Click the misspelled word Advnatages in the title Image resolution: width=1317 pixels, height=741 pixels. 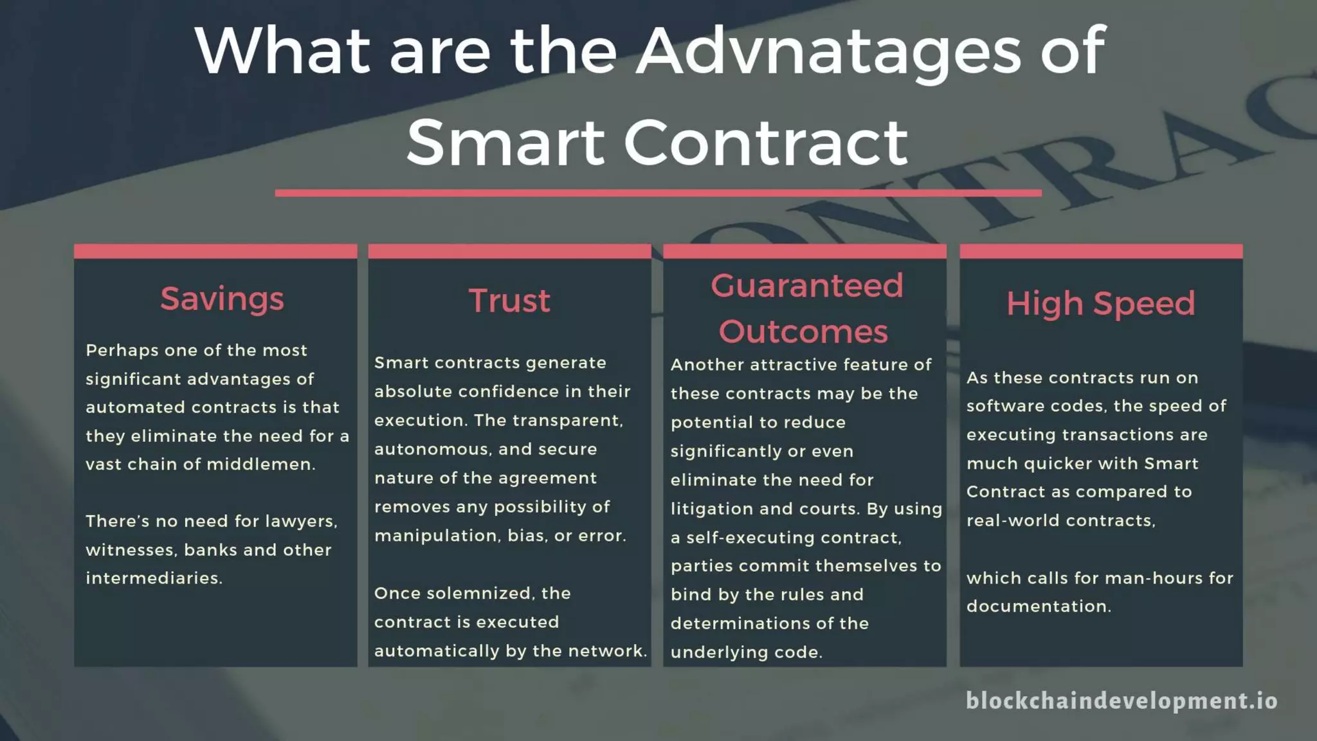point(828,51)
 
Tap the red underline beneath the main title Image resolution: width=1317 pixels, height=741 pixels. point(658,192)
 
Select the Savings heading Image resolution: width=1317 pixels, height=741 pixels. point(222,299)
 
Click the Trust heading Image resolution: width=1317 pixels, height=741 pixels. point(509,301)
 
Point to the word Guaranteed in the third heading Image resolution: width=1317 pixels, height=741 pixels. point(807,286)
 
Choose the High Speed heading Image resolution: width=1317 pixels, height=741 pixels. point(1100,304)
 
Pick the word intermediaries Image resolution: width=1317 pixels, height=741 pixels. point(153,578)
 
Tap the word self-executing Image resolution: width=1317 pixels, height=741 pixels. point(750,538)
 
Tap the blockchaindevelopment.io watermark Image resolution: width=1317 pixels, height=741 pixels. point(1122,700)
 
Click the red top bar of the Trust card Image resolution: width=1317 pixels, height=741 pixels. point(509,252)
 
